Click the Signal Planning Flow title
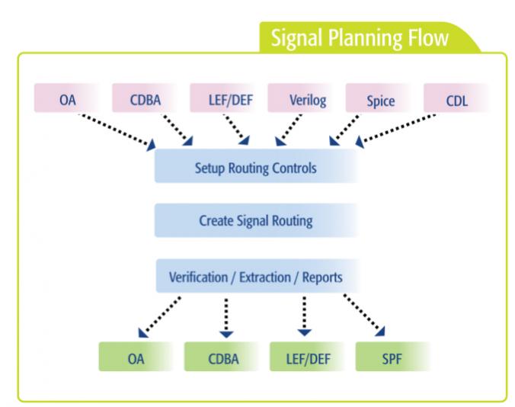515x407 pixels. click(360, 37)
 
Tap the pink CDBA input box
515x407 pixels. click(146, 98)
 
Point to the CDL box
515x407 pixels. click(456, 98)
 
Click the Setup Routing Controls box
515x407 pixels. click(256, 166)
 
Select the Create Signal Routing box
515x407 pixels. click(256, 220)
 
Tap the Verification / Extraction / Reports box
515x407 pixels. click(256, 276)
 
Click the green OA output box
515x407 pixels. click(136, 357)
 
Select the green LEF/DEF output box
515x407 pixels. click(308, 357)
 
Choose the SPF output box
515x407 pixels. click(392, 357)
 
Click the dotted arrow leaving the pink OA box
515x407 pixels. click(117, 131)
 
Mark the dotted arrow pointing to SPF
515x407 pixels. click(364, 315)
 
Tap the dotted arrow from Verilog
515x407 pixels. click(289, 130)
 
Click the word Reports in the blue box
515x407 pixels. click(321, 277)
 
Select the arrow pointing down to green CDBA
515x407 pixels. click(226, 318)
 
